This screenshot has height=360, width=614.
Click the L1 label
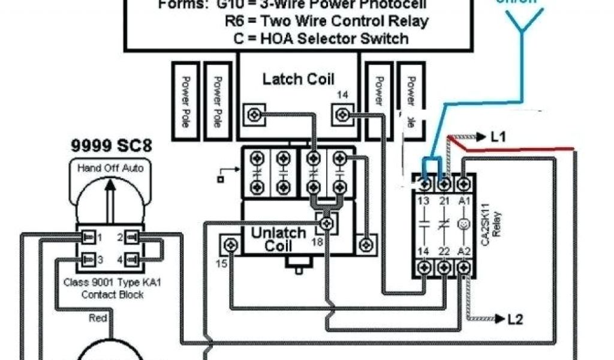pyautogui.click(x=498, y=137)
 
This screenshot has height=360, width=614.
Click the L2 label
pyautogui.click(x=514, y=319)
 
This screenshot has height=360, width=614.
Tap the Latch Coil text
pyautogui.click(x=299, y=79)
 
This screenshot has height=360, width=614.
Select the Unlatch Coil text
pyautogui.click(x=278, y=239)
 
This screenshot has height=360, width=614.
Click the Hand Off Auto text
pyautogui.click(x=110, y=169)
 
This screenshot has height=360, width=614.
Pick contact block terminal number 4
pyautogui.click(x=121, y=260)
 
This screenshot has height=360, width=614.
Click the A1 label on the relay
pyautogui.click(x=463, y=199)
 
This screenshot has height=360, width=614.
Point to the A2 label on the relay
pyautogui.click(x=463, y=251)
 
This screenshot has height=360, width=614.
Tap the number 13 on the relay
pyautogui.click(x=425, y=199)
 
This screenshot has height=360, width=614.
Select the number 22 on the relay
pyautogui.click(x=444, y=251)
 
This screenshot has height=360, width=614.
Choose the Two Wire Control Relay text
pyautogui.click(x=327, y=21)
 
